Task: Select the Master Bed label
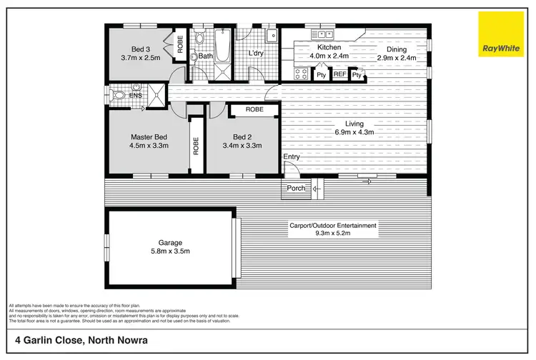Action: coord(149,136)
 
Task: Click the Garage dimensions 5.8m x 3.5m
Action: coord(170,251)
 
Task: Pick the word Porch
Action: coord(296,189)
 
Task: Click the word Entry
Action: coord(292,157)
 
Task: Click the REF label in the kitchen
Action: coord(339,74)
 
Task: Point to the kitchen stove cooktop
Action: coord(302,73)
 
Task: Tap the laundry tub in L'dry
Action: coord(272,36)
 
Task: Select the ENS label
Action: coord(135,94)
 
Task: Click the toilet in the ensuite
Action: coord(119,94)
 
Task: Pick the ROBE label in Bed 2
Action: coord(254,110)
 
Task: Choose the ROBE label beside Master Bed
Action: coord(194,146)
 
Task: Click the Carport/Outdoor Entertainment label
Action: coord(332,226)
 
